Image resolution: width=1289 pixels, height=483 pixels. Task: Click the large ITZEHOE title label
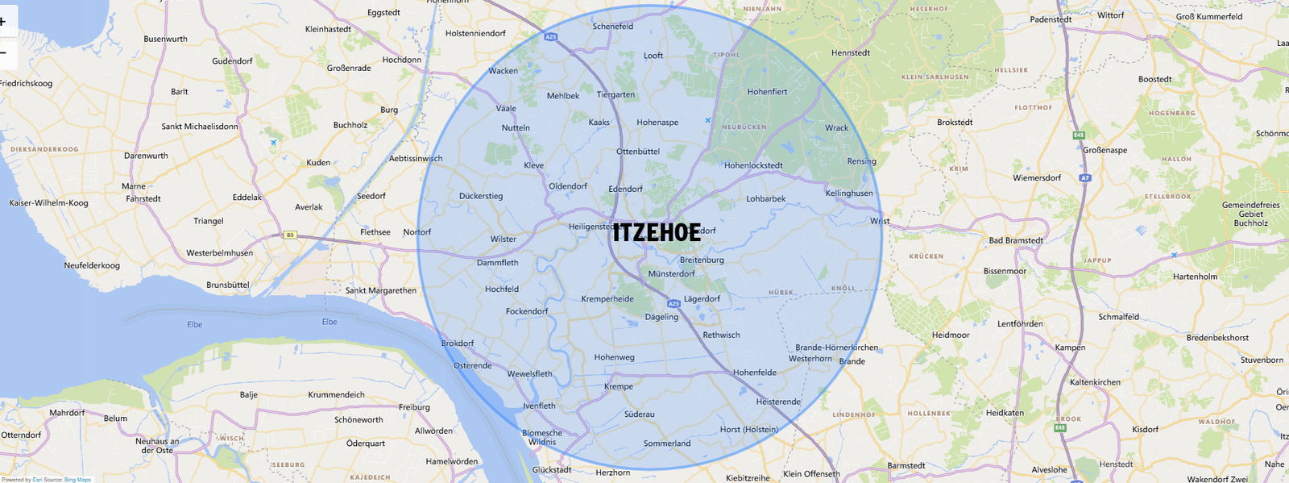click(x=657, y=232)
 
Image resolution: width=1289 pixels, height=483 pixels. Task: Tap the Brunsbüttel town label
click(x=228, y=285)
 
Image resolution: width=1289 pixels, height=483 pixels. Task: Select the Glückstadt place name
click(x=552, y=470)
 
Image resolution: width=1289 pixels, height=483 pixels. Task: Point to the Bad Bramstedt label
click(x=1016, y=240)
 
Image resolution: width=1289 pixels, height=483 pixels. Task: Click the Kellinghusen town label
click(x=849, y=194)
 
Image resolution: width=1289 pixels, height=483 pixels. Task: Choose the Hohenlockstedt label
click(x=753, y=165)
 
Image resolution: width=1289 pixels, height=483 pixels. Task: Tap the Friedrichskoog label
click(x=27, y=83)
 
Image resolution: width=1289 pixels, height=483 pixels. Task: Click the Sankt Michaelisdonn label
click(x=200, y=127)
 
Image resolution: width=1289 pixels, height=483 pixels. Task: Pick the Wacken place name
click(x=504, y=71)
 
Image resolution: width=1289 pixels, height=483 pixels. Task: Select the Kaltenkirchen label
click(x=1095, y=382)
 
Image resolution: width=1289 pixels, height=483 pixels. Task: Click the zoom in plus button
click(x=4, y=22)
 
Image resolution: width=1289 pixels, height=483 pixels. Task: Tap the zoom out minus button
click(x=4, y=53)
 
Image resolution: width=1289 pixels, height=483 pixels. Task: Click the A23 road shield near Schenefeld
click(x=551, y=37)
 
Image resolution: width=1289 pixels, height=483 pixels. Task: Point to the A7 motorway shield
click(x=1085, y=177)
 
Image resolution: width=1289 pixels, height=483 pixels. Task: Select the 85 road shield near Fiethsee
click(x=290, y=235)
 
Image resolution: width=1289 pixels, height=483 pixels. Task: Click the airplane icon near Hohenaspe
click(x=707, y=121)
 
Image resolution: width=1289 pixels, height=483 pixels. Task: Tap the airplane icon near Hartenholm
click(x=1174, y=255)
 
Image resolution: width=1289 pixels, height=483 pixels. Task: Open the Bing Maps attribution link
click(x=77, y=480)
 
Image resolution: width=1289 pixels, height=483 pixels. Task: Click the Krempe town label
click(x=619, y=387)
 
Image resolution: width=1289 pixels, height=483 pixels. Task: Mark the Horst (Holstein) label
click(x=749, y=430)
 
